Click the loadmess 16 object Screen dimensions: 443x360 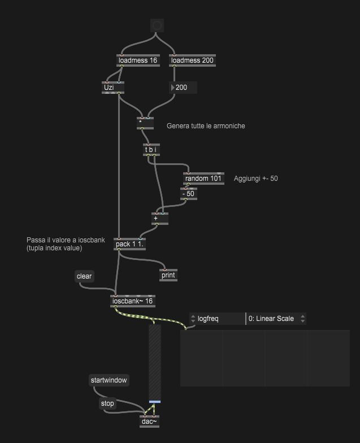(x=138, y=60)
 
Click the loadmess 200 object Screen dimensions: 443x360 (x=193, y=60)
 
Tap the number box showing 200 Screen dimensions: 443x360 (x=184, y=88)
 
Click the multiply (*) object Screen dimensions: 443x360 (x=145, y=122)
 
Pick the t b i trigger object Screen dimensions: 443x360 (x=151, y=150)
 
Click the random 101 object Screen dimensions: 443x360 (x=203, y=179)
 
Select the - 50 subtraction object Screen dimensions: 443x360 (x=188, y=194)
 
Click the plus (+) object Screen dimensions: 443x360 (x=160, y=218)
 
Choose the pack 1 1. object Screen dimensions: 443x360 (x=129, y=244)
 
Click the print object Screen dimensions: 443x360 (x=168, y=275)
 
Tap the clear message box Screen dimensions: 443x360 (x=84, y=276)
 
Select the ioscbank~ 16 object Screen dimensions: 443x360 (x=133, y=301)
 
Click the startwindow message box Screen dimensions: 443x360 (x=109, y=380)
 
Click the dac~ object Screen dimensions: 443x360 (x=149, y=421)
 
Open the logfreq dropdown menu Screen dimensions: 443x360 (x=217, y=319)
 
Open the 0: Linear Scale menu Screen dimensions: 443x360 (x=276, y=319)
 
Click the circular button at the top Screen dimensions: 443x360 (x=157, y=25)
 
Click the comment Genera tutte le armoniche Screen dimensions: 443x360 (x=206, y=126)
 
